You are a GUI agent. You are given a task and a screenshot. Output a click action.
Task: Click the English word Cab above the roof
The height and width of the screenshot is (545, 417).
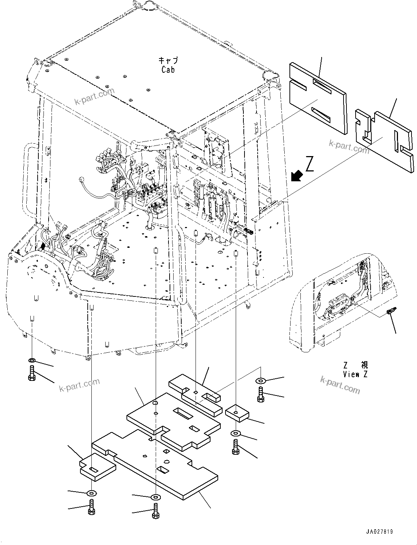[x=168, y=69]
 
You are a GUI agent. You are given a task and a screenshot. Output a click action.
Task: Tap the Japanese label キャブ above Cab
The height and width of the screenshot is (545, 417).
[x=168, y=60]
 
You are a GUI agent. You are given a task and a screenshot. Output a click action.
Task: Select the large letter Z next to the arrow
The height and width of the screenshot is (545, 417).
[x=310, y=165]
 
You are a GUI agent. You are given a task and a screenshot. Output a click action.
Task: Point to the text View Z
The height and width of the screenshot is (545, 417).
[x=355, y=374]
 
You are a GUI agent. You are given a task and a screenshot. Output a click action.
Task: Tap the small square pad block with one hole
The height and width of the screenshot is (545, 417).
[x=237, y=413]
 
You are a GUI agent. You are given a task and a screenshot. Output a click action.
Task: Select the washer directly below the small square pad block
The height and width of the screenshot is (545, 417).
[x=236, y=434]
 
